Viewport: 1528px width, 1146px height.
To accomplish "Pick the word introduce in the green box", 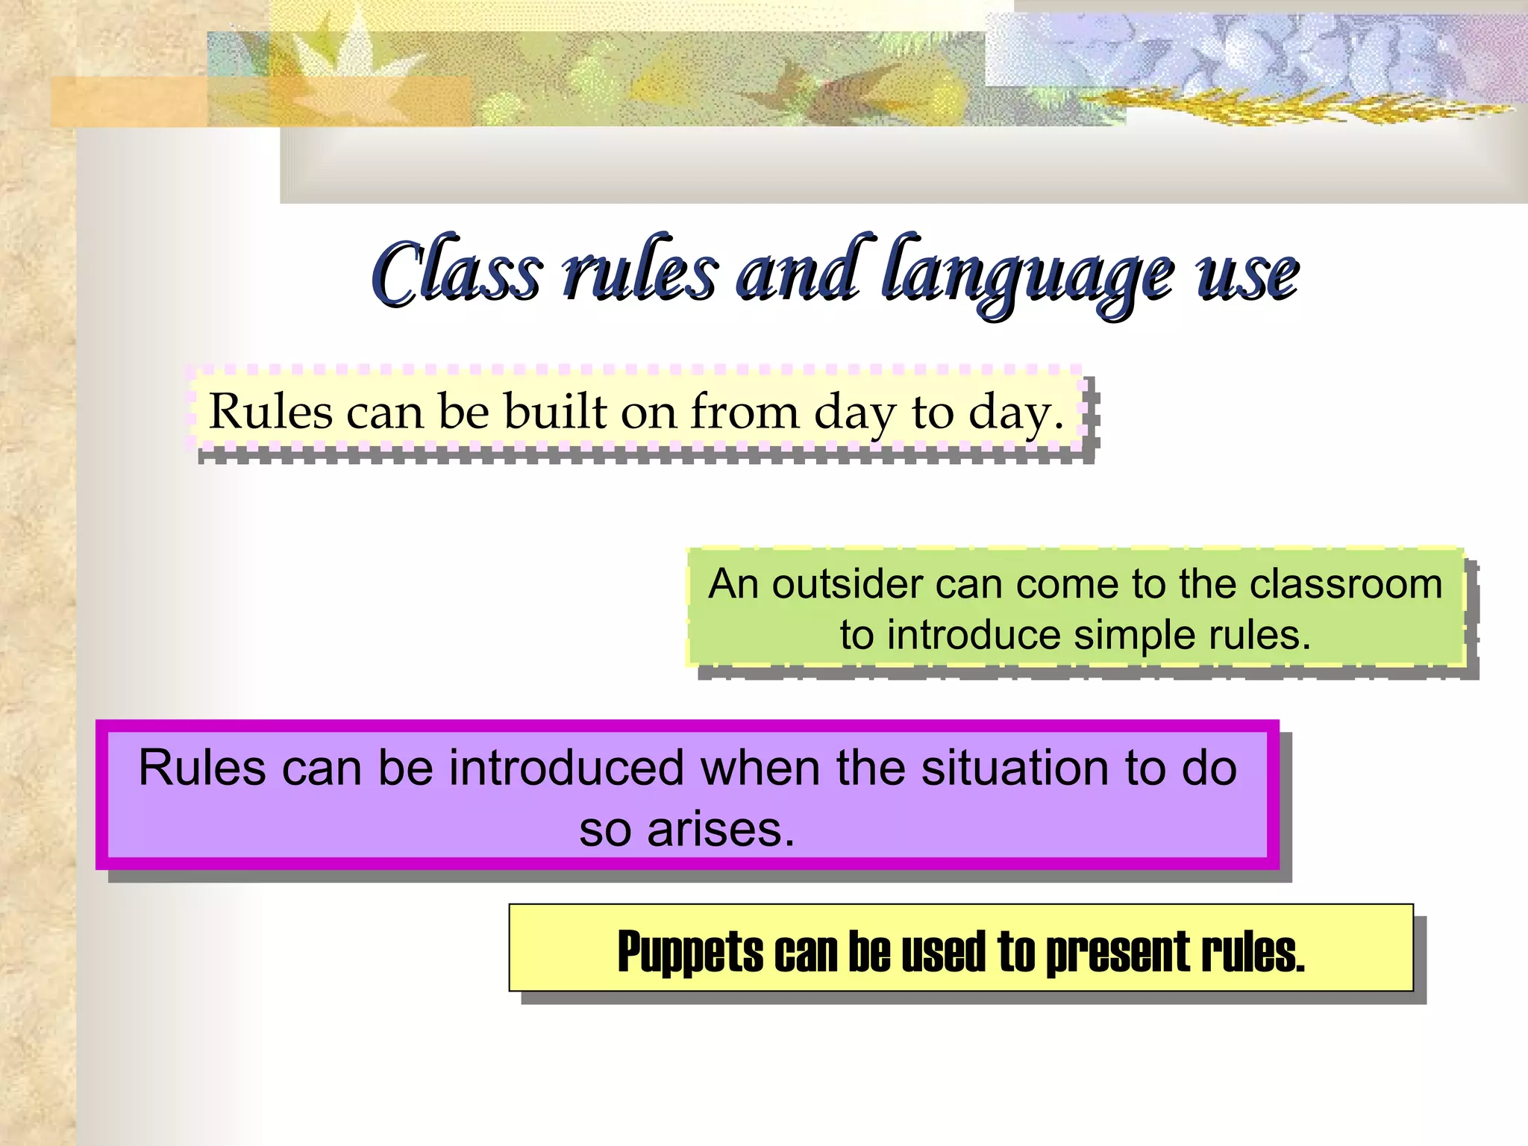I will [974, 636].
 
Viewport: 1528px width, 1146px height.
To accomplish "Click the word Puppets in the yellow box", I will [690, 953].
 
